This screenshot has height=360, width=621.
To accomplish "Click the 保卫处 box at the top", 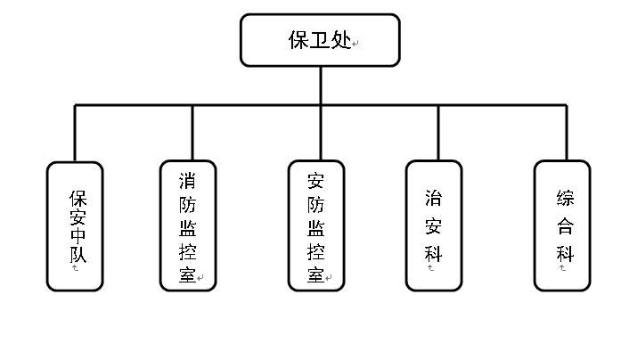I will tap(320, 40).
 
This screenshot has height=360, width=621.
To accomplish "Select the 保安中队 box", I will tap(75, 225).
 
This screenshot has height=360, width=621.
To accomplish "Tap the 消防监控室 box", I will tap(188, 225).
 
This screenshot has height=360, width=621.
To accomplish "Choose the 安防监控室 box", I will tap(316, 225).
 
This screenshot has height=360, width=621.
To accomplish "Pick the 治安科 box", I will tap(434, 225).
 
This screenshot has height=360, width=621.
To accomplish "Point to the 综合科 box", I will tap(562, 225).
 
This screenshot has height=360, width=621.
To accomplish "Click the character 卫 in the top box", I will tap(320, 40).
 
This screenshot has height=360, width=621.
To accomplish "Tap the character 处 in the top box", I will tap(341, 40).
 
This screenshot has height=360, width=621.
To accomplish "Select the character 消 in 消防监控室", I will tap(187, 181).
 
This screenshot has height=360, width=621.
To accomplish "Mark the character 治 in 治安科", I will tap(434, 198).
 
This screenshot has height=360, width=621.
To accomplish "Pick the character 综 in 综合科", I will tap(565, 198).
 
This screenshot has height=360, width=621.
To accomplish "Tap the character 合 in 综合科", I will tap(565, 225).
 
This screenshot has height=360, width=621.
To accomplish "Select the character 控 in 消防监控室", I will tap(187, 250).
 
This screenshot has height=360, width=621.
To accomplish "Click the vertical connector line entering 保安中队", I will tap(75, 134).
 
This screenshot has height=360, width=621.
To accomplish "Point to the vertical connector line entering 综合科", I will tap(566, 134).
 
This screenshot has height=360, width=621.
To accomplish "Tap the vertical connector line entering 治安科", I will tap(437, 134).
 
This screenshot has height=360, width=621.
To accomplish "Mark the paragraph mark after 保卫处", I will tap(356, 44).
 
